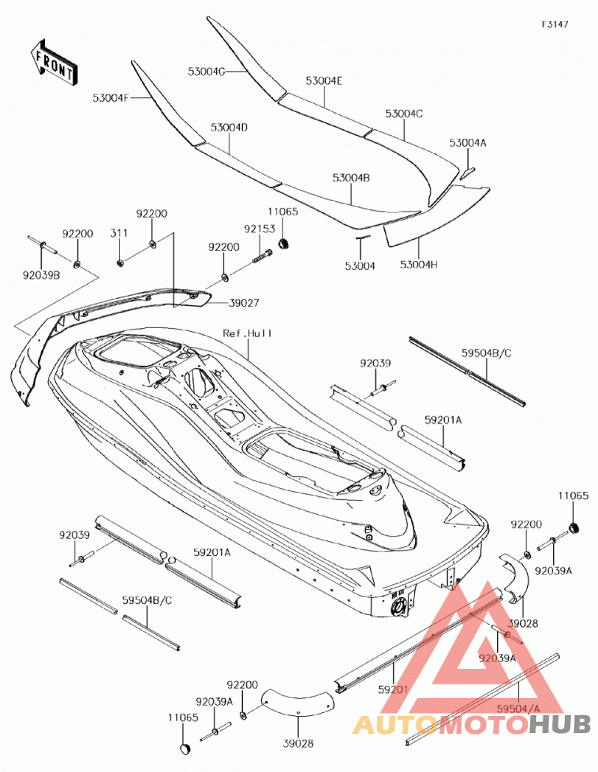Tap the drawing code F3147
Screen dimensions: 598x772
pos(555,24)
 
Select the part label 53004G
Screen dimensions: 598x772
pos(206,72)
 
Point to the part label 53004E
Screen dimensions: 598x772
pos(324,81)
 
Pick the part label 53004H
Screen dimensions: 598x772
pos(419,265)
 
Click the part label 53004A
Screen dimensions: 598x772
pos(467,143)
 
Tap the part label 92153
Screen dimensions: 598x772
pos(259,229)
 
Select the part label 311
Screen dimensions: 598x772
pos(119,233)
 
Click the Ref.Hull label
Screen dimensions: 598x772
pos(247,333)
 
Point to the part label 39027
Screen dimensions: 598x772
pos(244,303)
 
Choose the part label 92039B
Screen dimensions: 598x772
pos(41,275)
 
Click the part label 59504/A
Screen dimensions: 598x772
pos(519,708)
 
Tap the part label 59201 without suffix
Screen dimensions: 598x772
pos(393,690)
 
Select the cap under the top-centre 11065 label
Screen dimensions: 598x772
pos(284,243)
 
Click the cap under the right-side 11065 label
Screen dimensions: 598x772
pos(573,528)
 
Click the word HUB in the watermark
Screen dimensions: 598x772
pos(560,724)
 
